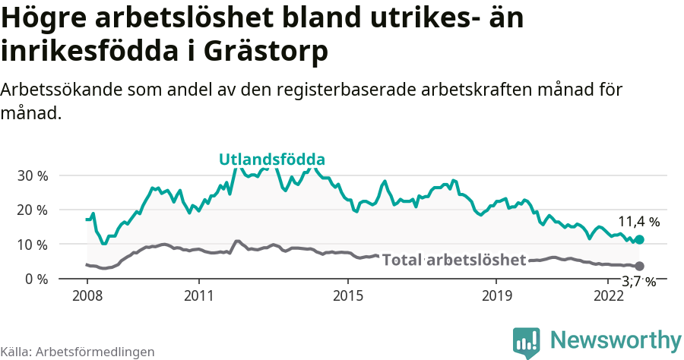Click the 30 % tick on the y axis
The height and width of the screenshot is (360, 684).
point(32,175)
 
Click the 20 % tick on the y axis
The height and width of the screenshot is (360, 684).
point(32,210)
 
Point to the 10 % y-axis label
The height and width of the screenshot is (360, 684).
point(32,245)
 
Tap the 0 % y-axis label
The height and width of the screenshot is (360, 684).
point(35,279)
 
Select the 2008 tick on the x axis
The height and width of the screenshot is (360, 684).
point(87,295)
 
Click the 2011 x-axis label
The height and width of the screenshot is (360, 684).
point(198,295)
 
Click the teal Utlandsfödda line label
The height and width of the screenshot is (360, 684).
point(272,159)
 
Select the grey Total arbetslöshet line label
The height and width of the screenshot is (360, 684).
point(454,261)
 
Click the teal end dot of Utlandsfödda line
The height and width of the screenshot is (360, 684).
point(639,239)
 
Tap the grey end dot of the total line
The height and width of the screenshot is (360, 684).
point(639,266)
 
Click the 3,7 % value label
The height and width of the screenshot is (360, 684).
point(638,283)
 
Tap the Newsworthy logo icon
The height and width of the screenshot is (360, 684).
point(527,342)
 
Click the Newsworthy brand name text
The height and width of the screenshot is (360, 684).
point(616,339)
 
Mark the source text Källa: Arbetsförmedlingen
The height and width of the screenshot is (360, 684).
point(78,352)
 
